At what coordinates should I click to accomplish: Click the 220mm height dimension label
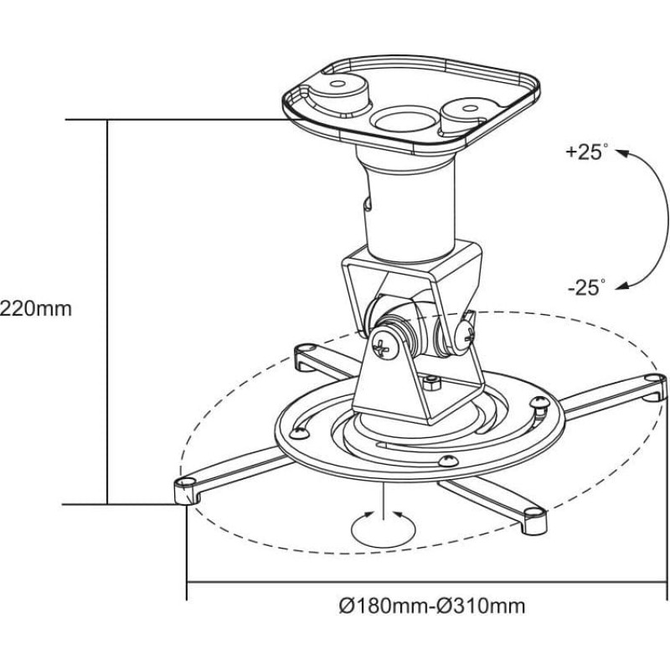36,308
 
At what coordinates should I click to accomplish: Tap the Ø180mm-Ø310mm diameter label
432,606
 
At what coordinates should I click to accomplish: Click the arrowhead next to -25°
622,286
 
